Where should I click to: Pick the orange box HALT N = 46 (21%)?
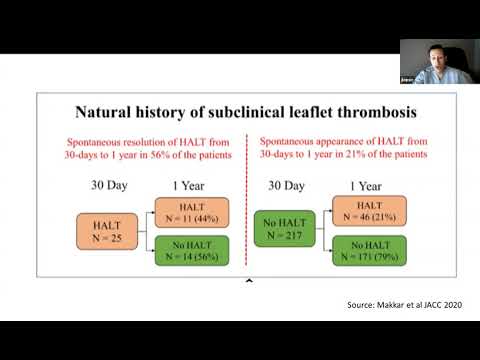click(x=368, y=212)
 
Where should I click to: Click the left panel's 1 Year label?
click(x=187, y=186)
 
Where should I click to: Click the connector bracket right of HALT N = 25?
click(x=141, y=231)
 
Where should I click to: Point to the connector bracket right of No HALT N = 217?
click(x=322, y=231)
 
